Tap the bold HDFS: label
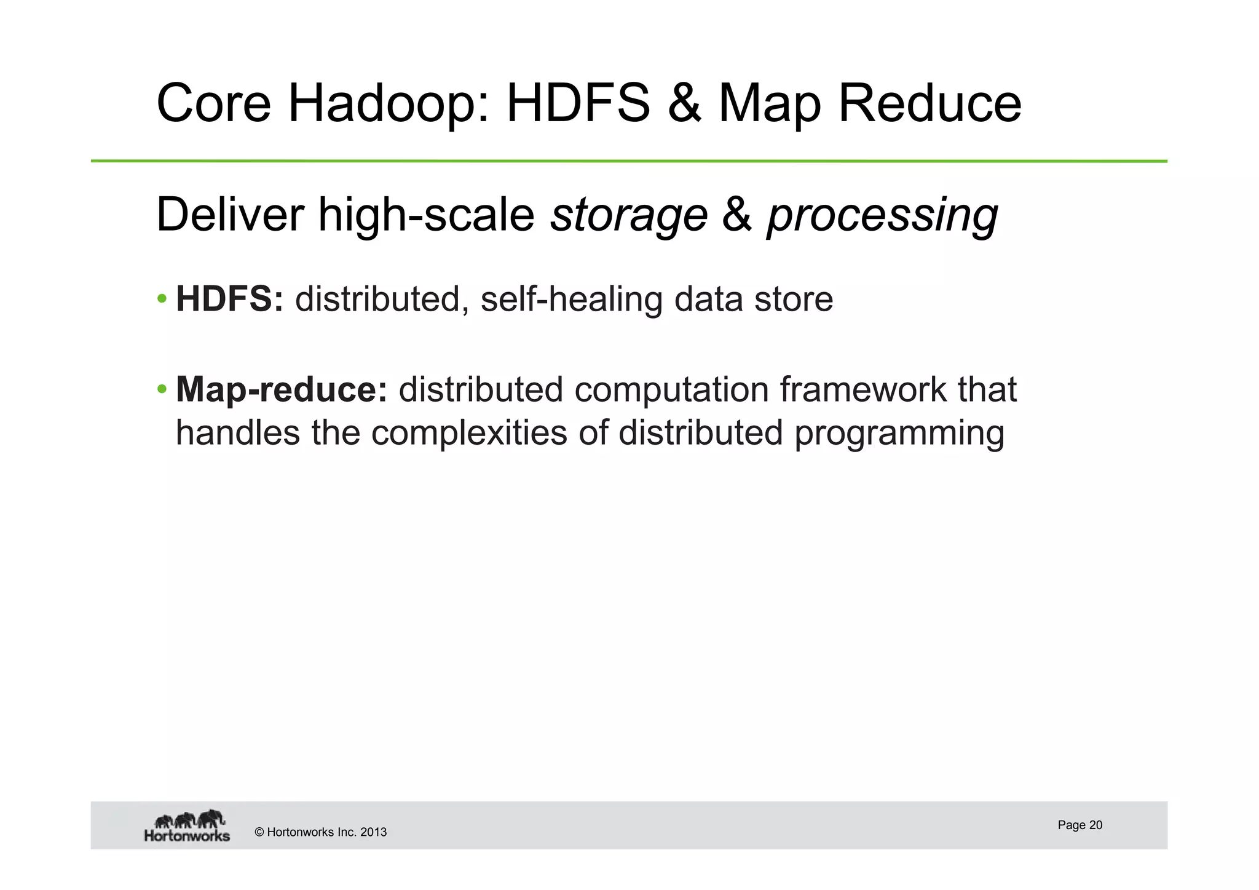point(229,300)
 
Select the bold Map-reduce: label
point(282,390)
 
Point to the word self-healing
point(571,300)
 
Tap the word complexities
point(469,432)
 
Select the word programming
point(899,434)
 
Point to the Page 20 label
point(1079,825)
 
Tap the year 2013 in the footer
point(373,832)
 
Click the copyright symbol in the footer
point(259,832)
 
